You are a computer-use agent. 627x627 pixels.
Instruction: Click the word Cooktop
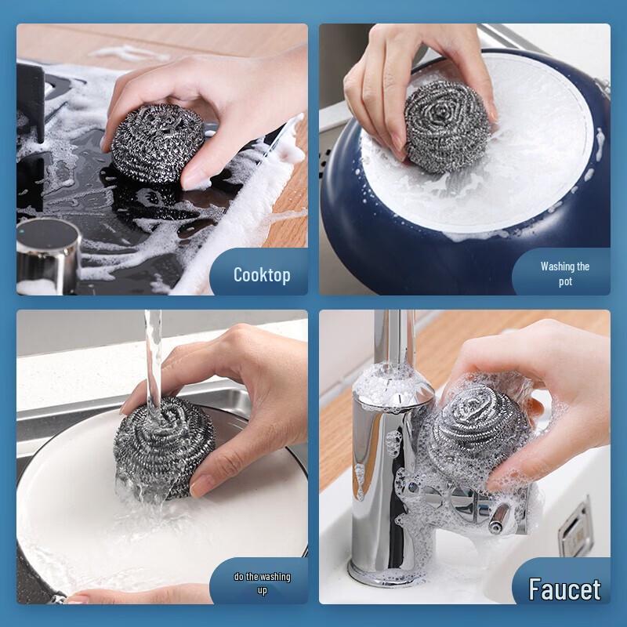click(x=262, y=275)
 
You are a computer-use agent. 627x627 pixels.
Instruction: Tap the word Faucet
click(x=564, y=589)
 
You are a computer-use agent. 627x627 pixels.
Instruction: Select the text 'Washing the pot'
click(x=565, y=274)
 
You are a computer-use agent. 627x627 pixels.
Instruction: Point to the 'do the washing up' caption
click(x=262, y=583)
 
